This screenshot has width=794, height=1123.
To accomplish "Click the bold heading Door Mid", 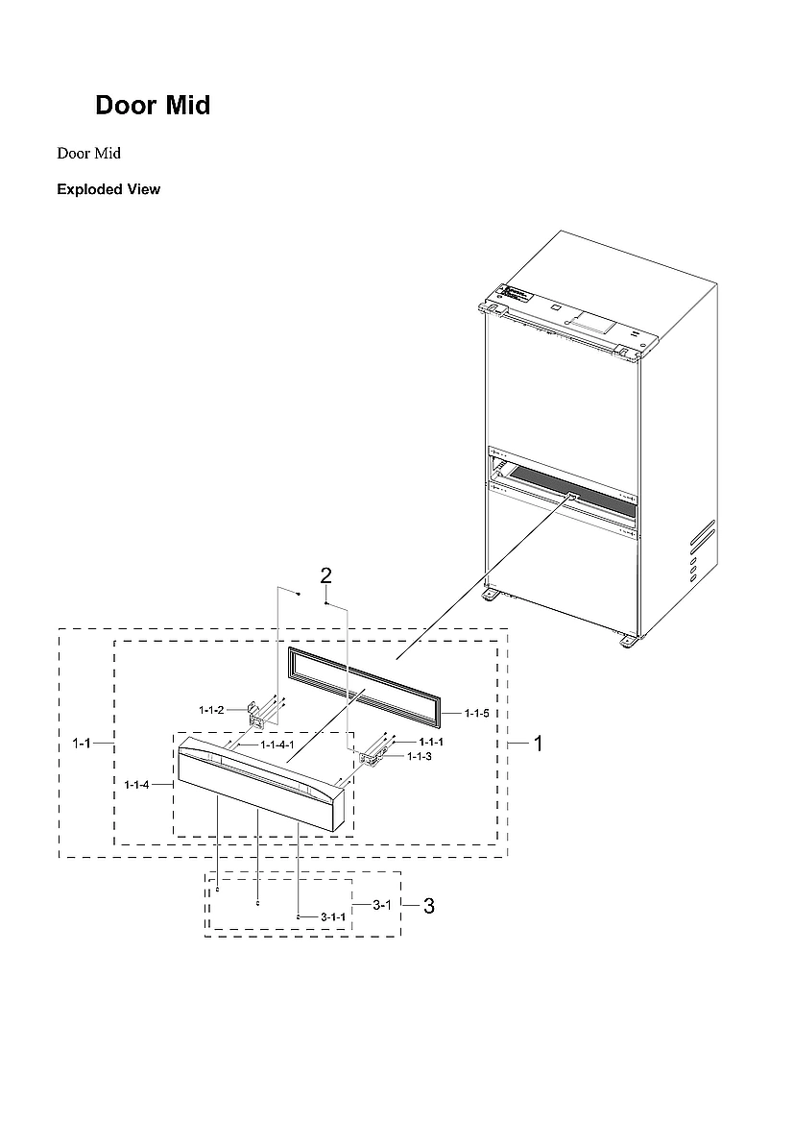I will click(153, 106).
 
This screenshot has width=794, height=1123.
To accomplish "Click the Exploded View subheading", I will click(108, 189).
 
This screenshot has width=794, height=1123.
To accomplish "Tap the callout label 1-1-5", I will click(476, 713).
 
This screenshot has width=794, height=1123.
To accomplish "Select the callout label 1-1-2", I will click(211, 710).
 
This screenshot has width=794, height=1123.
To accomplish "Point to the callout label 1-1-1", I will click(430, 743).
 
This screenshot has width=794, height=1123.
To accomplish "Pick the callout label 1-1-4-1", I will click(277, 745).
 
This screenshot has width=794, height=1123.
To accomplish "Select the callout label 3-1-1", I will click(332, 917).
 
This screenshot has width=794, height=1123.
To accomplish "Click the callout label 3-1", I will click(381, 905).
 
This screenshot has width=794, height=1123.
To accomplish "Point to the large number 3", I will click(429, 905).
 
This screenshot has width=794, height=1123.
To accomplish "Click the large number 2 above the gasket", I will click(326, 575).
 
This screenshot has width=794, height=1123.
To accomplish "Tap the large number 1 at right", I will click(540, 744).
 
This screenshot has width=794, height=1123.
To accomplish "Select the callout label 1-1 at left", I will click(84, 744).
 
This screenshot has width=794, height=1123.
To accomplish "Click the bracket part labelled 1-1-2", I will click(257, 714).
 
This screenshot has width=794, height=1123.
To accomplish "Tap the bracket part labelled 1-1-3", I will click(370, 758).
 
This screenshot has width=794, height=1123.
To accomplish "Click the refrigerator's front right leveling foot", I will click(628, 641).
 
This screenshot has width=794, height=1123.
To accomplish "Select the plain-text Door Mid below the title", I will click(88, 154).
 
